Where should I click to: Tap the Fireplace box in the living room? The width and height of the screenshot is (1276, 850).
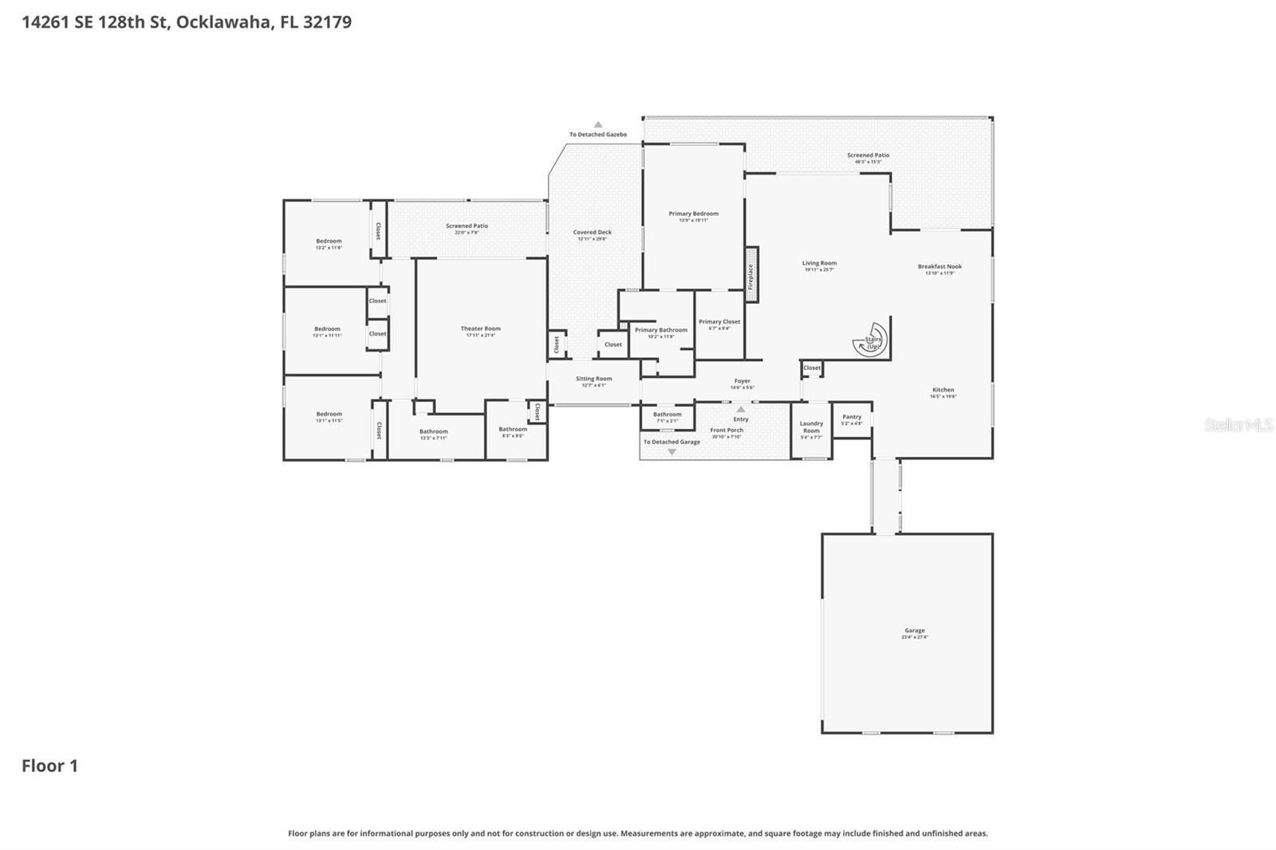pyautogui.click(x=750, y=273)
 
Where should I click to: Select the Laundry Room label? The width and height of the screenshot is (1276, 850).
pyautogui.click(x=811, y=427)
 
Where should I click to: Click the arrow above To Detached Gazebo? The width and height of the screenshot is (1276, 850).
pyautogui.click(x=598, y=124)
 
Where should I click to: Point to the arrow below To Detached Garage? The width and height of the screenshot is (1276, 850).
pyautogui.click(x=671, y=452)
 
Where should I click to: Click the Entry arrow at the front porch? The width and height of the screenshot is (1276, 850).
pyautogui.click(x=741, y=409)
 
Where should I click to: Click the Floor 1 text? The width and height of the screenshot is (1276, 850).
pyautogui.click(x=49, y=765)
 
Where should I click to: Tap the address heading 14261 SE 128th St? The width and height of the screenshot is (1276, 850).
pyautogui.click(x=187, y=22)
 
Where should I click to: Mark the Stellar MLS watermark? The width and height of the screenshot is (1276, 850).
pyautogui.click(x=1238, y=425)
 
